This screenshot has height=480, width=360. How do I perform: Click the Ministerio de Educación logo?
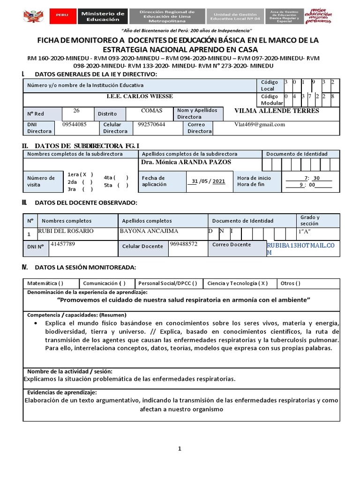click(103, 16)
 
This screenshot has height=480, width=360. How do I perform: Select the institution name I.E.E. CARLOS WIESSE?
click(140, 96)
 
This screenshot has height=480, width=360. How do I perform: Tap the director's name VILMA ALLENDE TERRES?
click(277, 111)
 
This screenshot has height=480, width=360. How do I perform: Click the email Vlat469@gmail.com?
click(260, 125)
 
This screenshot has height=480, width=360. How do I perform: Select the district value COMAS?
click(151, 111)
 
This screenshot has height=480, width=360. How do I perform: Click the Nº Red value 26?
click(76, 111)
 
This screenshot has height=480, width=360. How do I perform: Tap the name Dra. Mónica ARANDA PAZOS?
click(186, 162)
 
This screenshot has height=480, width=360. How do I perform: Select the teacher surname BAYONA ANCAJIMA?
click(149, 231)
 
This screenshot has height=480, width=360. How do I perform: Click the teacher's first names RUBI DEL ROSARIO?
click(66, 231)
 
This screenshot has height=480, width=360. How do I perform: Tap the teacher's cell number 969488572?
click(183, 244)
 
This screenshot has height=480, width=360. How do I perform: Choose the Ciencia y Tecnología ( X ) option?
click(238, 283)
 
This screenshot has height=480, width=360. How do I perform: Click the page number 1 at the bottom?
click(179, 449)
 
